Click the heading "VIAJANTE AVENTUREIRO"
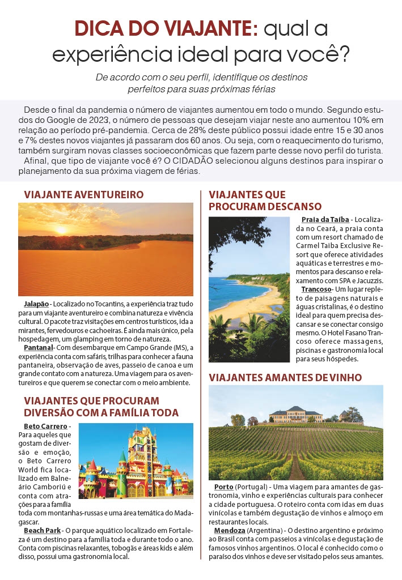(x=84, y=195)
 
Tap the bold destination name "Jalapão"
(x=37, y=304)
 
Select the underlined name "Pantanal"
(x=39, y=347)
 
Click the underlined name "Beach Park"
(x=41, y=530)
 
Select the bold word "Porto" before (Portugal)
(x=223, y=487)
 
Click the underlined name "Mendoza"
(x=230, y=530)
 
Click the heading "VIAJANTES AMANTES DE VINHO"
(x=285, y=378)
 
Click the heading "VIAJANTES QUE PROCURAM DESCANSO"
(x=265, y=201)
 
